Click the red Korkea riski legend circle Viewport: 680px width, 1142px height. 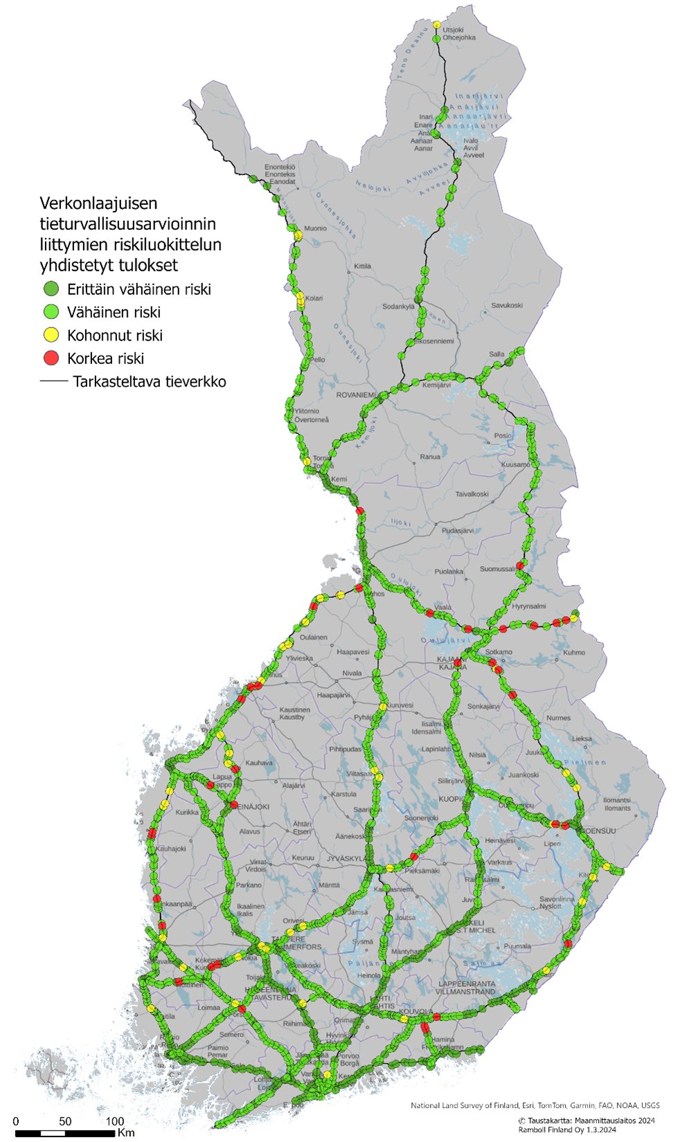tap(51, 358)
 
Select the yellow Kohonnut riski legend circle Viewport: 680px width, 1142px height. tap(51, 335)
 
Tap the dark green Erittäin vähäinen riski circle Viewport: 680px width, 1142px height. tap(51, 289)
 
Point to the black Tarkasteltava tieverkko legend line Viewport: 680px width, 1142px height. tap(53, 381)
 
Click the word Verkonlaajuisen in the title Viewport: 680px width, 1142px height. tap(98, 203)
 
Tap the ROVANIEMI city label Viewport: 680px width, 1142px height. tap(357, 395)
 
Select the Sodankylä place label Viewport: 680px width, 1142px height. tap(398, 307)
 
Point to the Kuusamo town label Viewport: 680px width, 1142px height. tap(515, 465)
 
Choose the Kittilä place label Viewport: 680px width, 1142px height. tap(362, 266)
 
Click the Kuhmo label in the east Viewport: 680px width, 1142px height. tap(574, 652)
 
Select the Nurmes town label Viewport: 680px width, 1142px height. tap(558, 718)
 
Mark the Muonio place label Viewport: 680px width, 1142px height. tap(315, 228)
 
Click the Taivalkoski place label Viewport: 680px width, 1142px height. tap(472, 494)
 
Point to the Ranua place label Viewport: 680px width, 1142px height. tap(430, 457)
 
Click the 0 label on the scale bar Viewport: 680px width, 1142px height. tap(16, 1121)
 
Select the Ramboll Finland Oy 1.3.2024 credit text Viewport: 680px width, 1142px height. tap(567, 1130)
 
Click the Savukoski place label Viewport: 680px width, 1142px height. tap(506, 305)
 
